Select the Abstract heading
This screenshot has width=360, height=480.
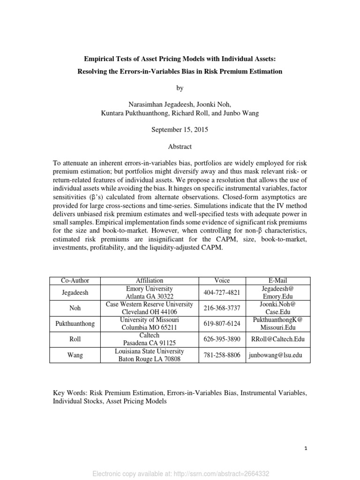point(180,147)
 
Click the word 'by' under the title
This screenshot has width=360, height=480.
point(180,88)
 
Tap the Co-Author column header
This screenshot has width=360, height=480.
point(75,280)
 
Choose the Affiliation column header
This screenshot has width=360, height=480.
point(150,280)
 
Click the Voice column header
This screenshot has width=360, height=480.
point(222,280)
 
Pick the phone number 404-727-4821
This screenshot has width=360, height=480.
point(222,292)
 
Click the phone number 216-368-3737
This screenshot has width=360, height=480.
point(222,308)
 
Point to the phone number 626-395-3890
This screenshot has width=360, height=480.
point(222,339)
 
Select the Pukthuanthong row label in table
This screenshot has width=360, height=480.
point(75,324)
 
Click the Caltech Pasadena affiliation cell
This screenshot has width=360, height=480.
point(150,339)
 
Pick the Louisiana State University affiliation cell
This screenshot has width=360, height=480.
point(150,355)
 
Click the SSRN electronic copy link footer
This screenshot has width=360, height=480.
point(180,473)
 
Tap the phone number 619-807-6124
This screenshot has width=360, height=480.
point(222,324)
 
